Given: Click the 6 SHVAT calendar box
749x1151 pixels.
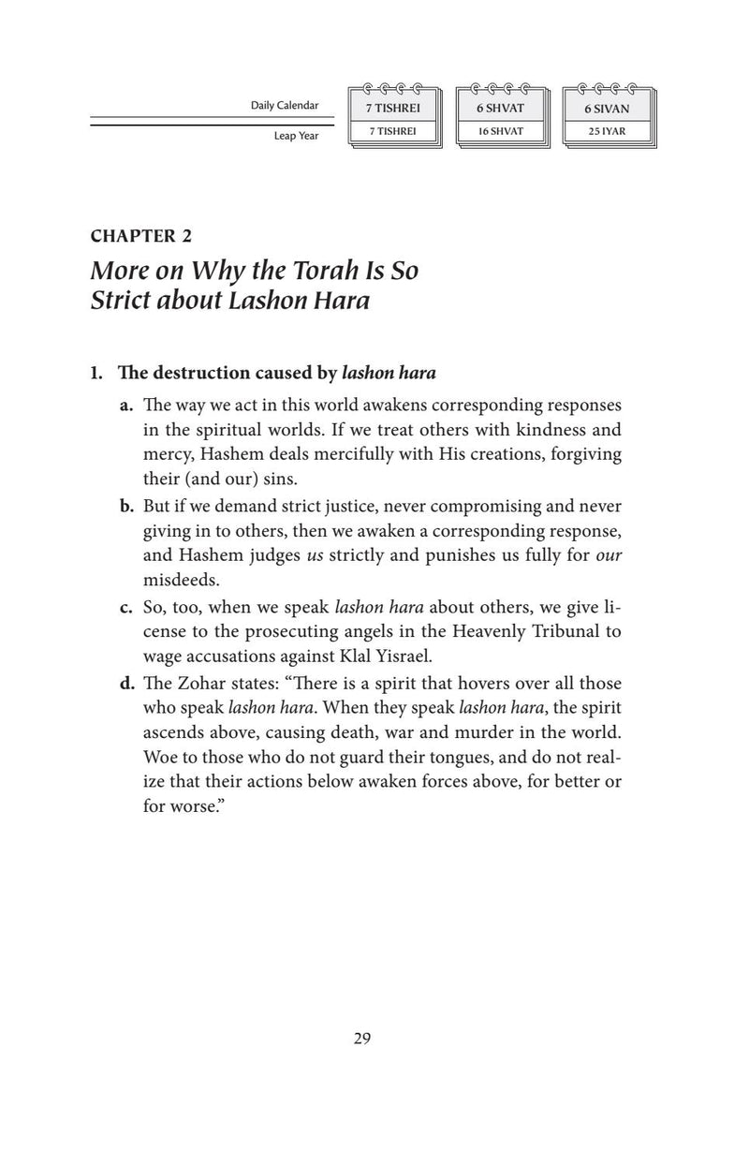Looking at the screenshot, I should coord(498,109).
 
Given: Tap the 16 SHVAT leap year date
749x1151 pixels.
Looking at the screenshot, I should coord(498,132).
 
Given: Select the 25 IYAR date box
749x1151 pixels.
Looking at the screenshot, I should coord(607,132).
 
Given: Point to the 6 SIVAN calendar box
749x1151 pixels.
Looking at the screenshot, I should coord(607,109).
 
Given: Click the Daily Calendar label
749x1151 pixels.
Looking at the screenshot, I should coord(285,106).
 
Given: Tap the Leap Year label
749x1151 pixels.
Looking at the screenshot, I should coord(297,136).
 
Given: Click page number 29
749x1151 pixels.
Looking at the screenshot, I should coord(363,1038).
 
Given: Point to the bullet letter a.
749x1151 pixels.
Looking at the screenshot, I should coord(125,407).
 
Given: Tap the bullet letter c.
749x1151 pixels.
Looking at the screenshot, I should coord(125,606).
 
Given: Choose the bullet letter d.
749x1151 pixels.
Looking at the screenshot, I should coord(125,683).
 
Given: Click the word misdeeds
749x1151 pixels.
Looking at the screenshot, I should coord(173,580).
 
